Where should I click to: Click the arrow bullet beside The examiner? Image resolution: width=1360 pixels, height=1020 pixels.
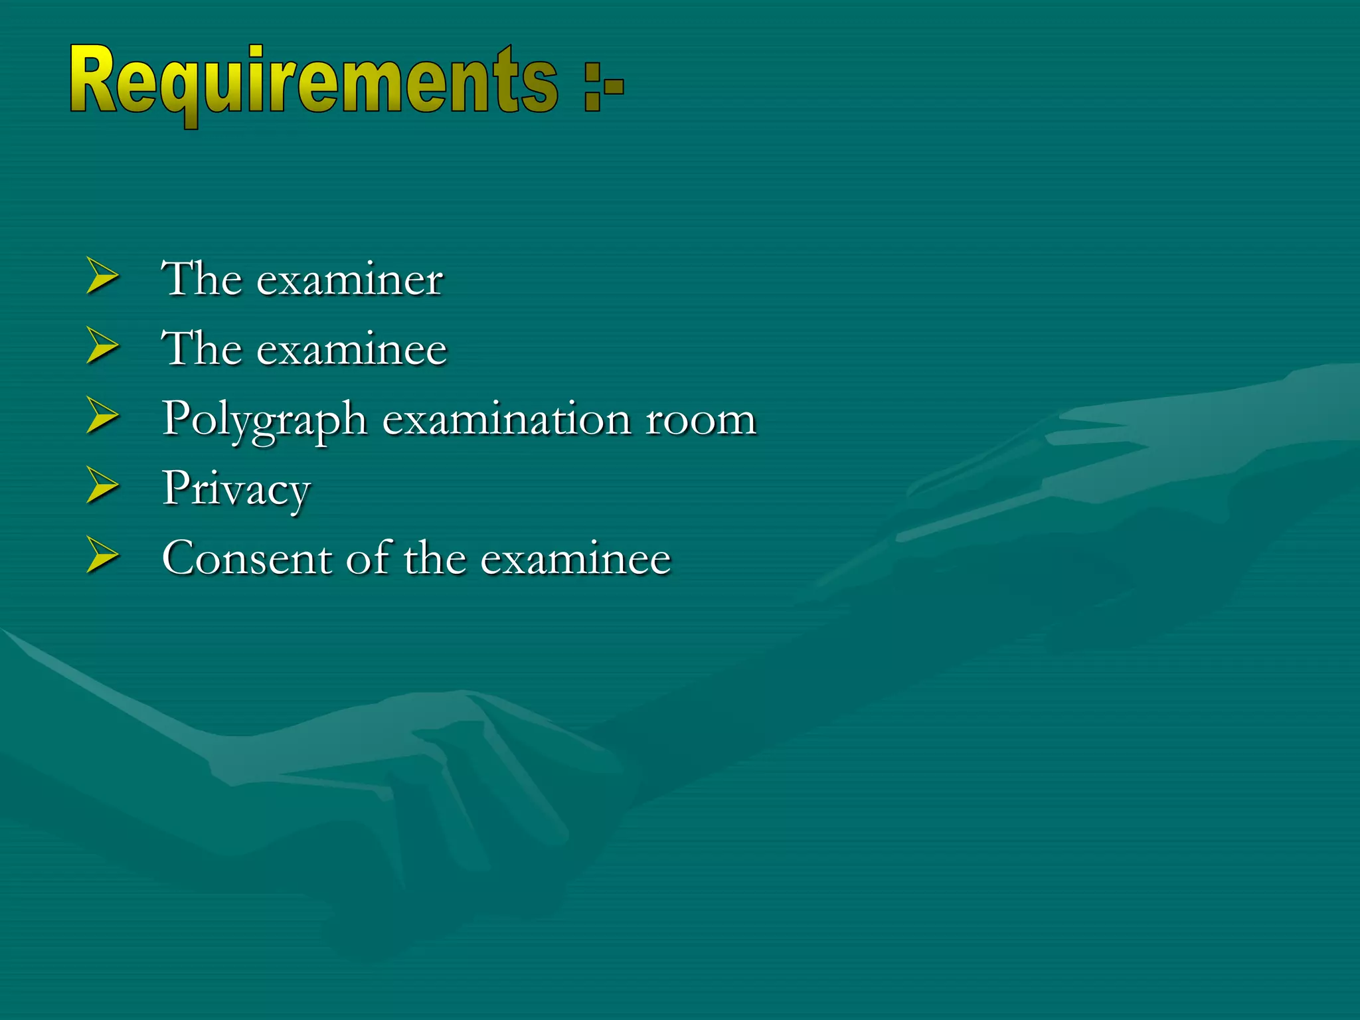point(102,277)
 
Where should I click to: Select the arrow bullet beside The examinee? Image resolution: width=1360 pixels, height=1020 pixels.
point(102,347)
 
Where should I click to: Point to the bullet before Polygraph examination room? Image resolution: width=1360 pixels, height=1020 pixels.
point(102,416)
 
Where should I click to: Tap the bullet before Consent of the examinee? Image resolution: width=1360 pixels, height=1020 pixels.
point(102,556)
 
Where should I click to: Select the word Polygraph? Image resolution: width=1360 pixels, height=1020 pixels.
point(264,421)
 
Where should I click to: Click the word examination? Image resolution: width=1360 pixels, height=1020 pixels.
point(507,420)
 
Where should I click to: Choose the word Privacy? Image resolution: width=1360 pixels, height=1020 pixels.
point(236,490)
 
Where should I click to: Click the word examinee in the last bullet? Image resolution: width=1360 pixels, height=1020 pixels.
point(576,559)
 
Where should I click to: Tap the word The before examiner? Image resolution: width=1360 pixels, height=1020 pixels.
point(202,278)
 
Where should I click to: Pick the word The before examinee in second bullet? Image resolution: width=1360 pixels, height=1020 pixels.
point(202,348)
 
